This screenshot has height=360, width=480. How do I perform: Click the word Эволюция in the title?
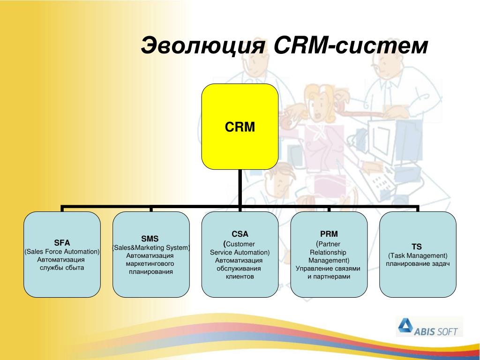pos(203,45)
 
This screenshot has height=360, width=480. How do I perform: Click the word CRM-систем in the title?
pos(351,45)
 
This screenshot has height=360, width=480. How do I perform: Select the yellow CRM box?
pos(240,127)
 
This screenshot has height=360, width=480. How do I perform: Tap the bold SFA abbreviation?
pos(62,243)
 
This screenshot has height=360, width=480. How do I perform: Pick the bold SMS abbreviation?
pos(150,239)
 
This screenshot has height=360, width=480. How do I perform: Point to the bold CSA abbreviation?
pos(240,234)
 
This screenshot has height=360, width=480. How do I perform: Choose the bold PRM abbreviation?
pos(329,234)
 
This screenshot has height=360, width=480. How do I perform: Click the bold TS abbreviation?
pos(417,247)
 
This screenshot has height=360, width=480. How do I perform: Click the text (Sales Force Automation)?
pos(62,252)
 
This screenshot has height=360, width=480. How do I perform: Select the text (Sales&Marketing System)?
pos(151,247)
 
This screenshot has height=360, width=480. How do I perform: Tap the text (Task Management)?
pos(418,255)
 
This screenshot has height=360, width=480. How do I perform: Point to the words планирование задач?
pos(418,264)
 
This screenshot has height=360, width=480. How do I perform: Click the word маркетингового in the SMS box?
pos(150,263)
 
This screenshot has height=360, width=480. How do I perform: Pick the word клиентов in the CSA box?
pos(240,277)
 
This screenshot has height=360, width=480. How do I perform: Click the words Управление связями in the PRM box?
pos(328,269)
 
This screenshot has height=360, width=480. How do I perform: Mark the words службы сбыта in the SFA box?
pos(62,268)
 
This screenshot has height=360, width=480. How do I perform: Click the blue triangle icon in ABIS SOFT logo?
pos(405,325)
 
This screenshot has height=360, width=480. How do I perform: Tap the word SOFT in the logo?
pos(447,331)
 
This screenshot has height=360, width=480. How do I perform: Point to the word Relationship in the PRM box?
pos(328,253)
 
